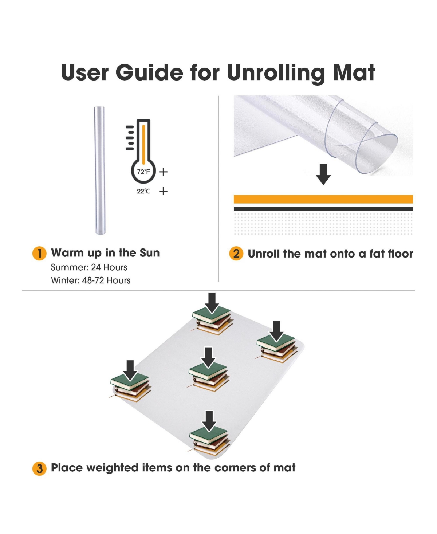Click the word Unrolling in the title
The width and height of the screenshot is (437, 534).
pyautogui.click(x=275, y=72)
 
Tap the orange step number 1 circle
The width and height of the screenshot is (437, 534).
pyautogui.click(x=39, y=253)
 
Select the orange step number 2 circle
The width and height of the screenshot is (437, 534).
pyautogui.click(x=236, y=254)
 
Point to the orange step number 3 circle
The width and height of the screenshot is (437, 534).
pyautogui.click(x=39, y=468)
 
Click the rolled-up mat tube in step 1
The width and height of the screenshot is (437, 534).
pyautogui.click(x=99, y=170)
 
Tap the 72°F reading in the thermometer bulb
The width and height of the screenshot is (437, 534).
pyautogui.click(x=143, y=172)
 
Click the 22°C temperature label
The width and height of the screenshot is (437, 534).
pyautogui.click(x=143, y=191)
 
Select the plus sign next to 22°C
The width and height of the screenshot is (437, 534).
pyautogui.click(x=163, y=191)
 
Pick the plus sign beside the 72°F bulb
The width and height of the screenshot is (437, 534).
pyautogui.click(x=163, y=172)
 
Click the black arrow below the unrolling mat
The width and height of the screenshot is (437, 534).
pyautogui.click(x=323, y=174)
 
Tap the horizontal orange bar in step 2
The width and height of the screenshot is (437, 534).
pyautogui.click(x=323, y=199)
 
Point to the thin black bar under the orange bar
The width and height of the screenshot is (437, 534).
pyautogui.click(x=323, y=209)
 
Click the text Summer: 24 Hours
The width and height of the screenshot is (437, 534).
pyautogui.click(x=89, y=267)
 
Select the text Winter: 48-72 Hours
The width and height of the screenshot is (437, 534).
pyautogui.click(x=91, y=280)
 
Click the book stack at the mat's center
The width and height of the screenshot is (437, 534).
pyautogui.click(x=208, y=377)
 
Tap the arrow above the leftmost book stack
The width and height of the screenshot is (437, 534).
pyautogui.click(x=130, y=370)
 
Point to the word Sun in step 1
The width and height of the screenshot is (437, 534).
pyautogui.click(x=149, y=253)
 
